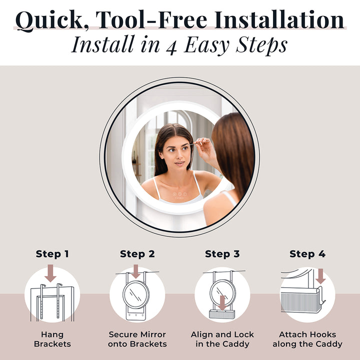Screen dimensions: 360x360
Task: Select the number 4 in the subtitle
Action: click(x=174, y=44)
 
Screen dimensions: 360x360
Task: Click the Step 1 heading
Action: click(x=52, y=254)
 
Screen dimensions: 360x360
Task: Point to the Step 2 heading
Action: click(x=137, y=254)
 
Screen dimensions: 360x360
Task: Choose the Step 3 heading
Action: click(x=222, y=254)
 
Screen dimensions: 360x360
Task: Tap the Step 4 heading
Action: click(x=307, y=254)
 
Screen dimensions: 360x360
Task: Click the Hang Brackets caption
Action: click(x=52, y=339)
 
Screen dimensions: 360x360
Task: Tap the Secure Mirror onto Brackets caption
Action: click(x=137, y=339)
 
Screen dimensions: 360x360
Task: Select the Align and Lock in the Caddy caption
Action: click(x=222, y=339)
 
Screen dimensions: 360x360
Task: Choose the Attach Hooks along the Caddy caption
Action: click(x=307, y=339)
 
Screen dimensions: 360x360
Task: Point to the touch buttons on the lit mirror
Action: click(x=179, y=194)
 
